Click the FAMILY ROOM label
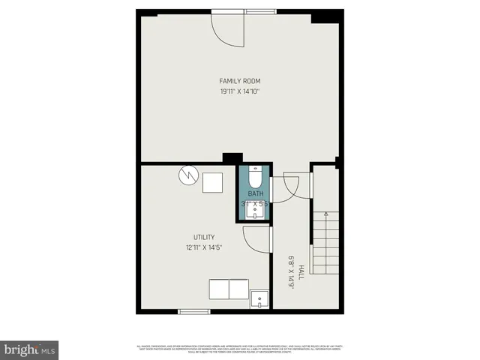(239, 81)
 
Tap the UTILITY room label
(204, 237)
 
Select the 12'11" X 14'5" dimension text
(204, 247)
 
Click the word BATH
(255, 193)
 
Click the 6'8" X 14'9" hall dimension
(291, 272)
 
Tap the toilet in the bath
(255, 178)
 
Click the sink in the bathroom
(256, 212)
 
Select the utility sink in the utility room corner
(259, 299)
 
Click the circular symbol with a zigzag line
(187, 177)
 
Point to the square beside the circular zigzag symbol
(212, 182)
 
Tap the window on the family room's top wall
(264, 11)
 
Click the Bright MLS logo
(30, 349)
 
